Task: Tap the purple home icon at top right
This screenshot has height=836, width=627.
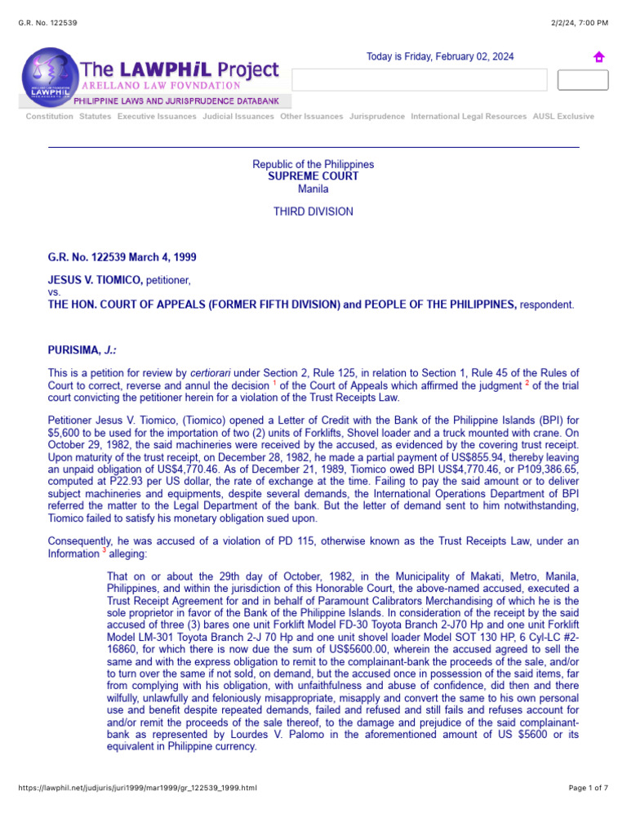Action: pos(598,57)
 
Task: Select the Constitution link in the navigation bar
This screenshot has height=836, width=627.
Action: pos(49,117)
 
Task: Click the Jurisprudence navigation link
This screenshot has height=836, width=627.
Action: pos(376,117)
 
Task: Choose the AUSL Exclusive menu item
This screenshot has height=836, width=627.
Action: pos(563,117)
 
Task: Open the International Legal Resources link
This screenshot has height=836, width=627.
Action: pos(469,117)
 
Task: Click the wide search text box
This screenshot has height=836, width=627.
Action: pos(419,80)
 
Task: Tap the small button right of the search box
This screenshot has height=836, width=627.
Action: pos(582,80)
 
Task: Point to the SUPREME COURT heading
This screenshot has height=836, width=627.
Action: pos(313,176)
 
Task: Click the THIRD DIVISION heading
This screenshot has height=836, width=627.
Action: pos(313,211)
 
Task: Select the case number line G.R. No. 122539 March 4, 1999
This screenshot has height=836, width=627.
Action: pos(122,257)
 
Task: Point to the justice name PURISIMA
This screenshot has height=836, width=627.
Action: pos(73,350)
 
